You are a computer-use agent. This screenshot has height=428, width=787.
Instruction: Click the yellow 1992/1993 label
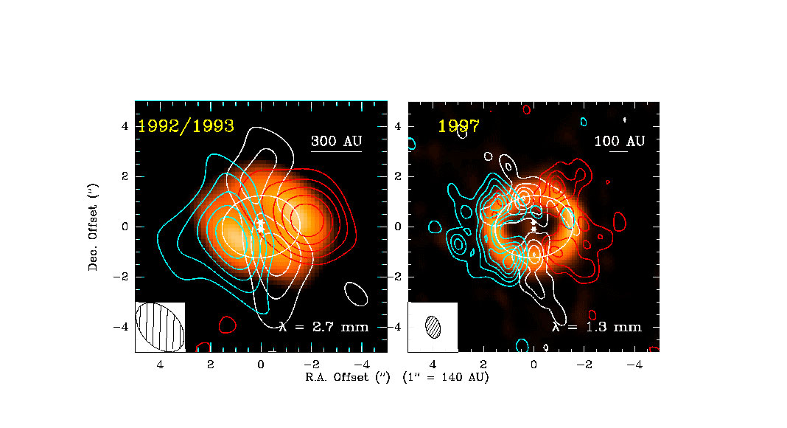[186, 126]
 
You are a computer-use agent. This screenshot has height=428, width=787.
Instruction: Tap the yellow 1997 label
[458, 126]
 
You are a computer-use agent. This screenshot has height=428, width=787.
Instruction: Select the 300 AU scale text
[336, 142]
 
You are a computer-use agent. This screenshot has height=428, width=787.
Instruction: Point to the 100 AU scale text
[619, 142]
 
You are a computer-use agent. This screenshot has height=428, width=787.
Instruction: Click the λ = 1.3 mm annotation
[597, 326]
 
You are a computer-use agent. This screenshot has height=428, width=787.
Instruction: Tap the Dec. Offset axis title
[94, 227]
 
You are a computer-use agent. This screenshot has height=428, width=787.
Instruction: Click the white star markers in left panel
[261, 226]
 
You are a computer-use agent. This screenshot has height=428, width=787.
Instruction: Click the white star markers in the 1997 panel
[534, 225]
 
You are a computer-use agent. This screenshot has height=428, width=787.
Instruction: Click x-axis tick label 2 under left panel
[211, 365]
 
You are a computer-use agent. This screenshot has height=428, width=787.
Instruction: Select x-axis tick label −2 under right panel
[584, 365]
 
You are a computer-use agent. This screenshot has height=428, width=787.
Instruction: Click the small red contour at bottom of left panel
[227, 324]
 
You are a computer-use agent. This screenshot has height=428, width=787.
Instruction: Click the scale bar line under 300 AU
[336, 153]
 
